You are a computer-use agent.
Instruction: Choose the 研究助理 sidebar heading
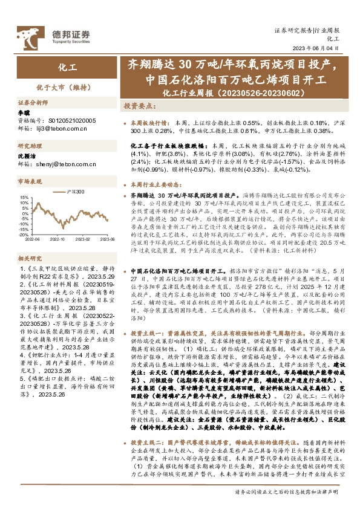click(x=27, y=146)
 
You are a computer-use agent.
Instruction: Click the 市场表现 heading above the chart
click(x=27, y=181)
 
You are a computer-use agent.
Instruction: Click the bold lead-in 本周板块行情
click(x=146, y=122)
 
